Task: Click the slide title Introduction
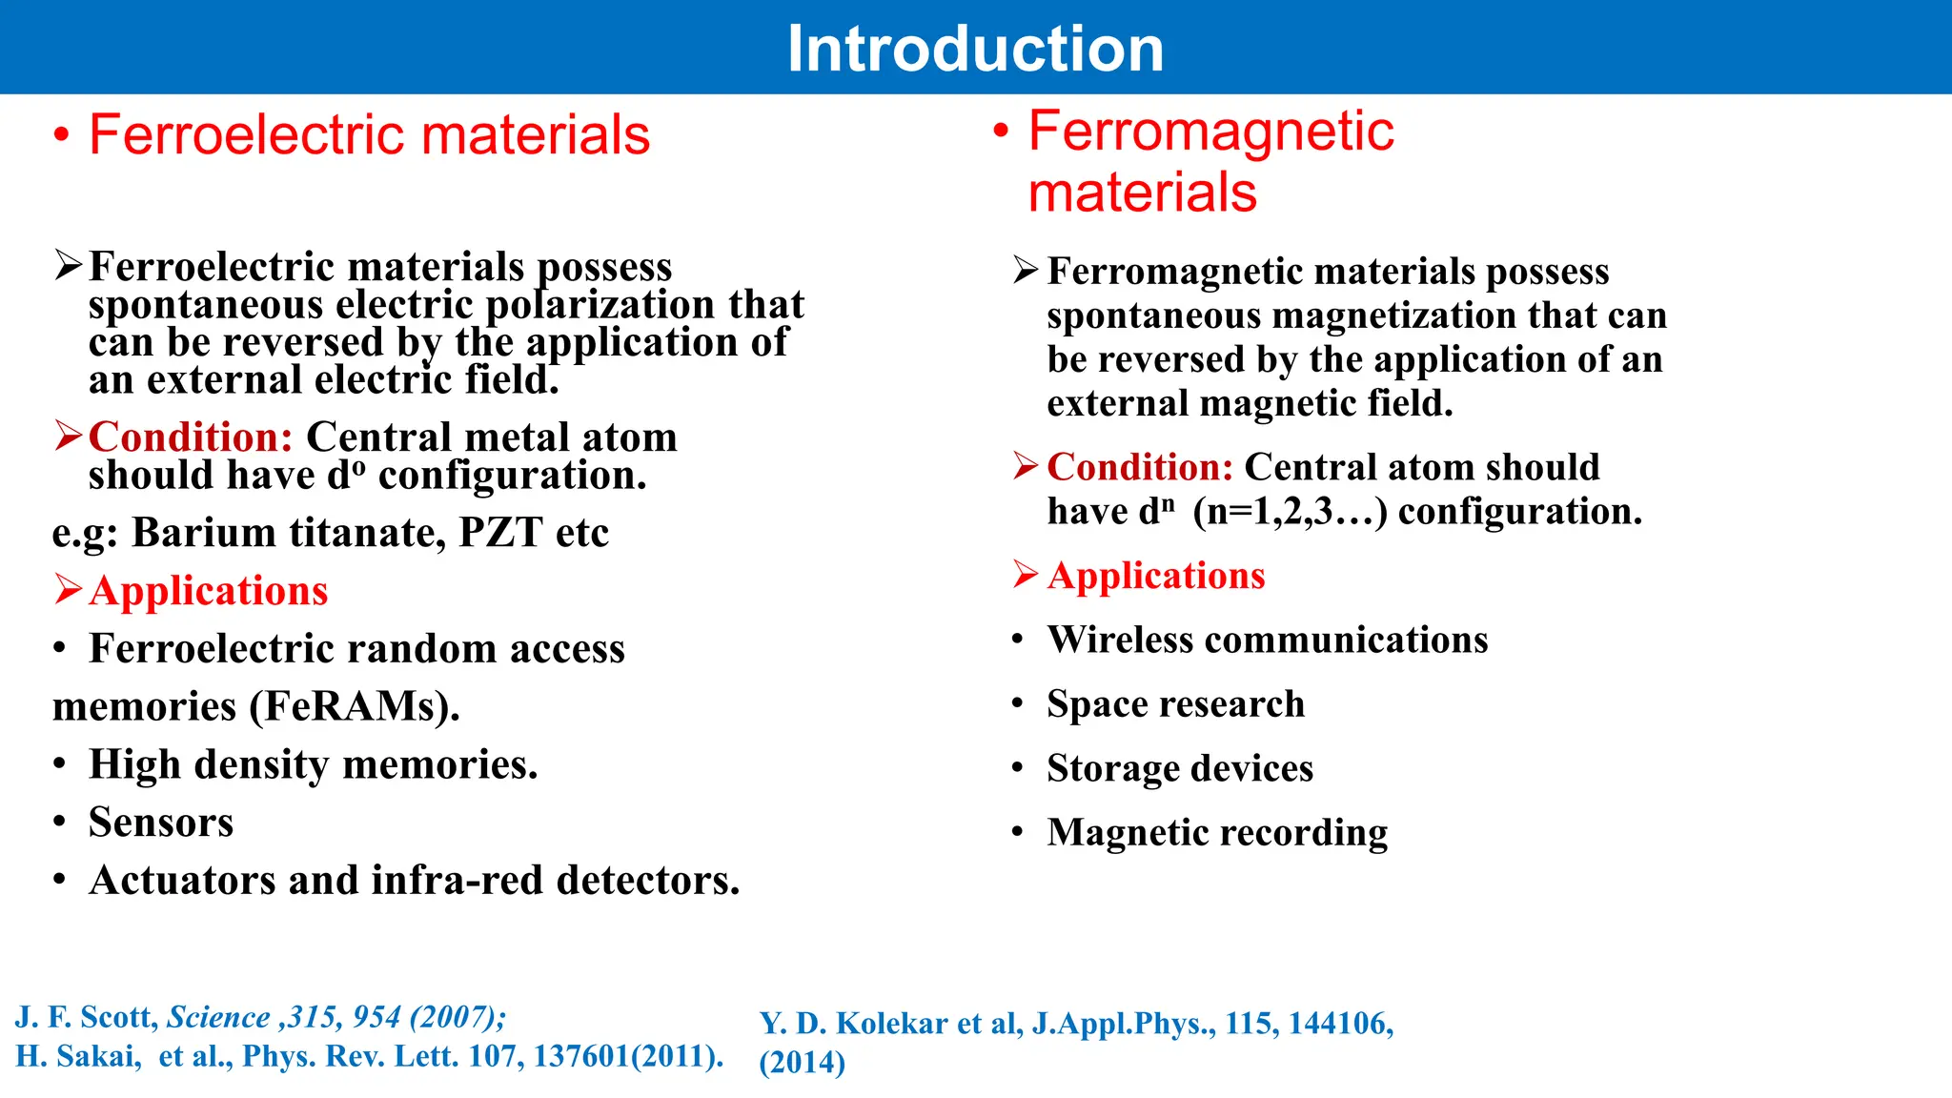point(975,49)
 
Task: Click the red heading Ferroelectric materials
point(369,134)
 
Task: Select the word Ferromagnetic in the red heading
point(1210,131)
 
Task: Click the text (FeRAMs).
point(355,707)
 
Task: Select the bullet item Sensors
point(161,823)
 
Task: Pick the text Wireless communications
point(1267,640)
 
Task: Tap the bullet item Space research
point(1175,704)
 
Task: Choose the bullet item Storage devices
point(1179,768)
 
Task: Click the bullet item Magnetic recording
point(1216,832)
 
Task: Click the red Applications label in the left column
point(208,591)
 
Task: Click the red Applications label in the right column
point(1155,576)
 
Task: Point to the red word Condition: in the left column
point(191,437)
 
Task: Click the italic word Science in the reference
point(218,1017)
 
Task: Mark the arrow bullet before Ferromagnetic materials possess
point(1026,271)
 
